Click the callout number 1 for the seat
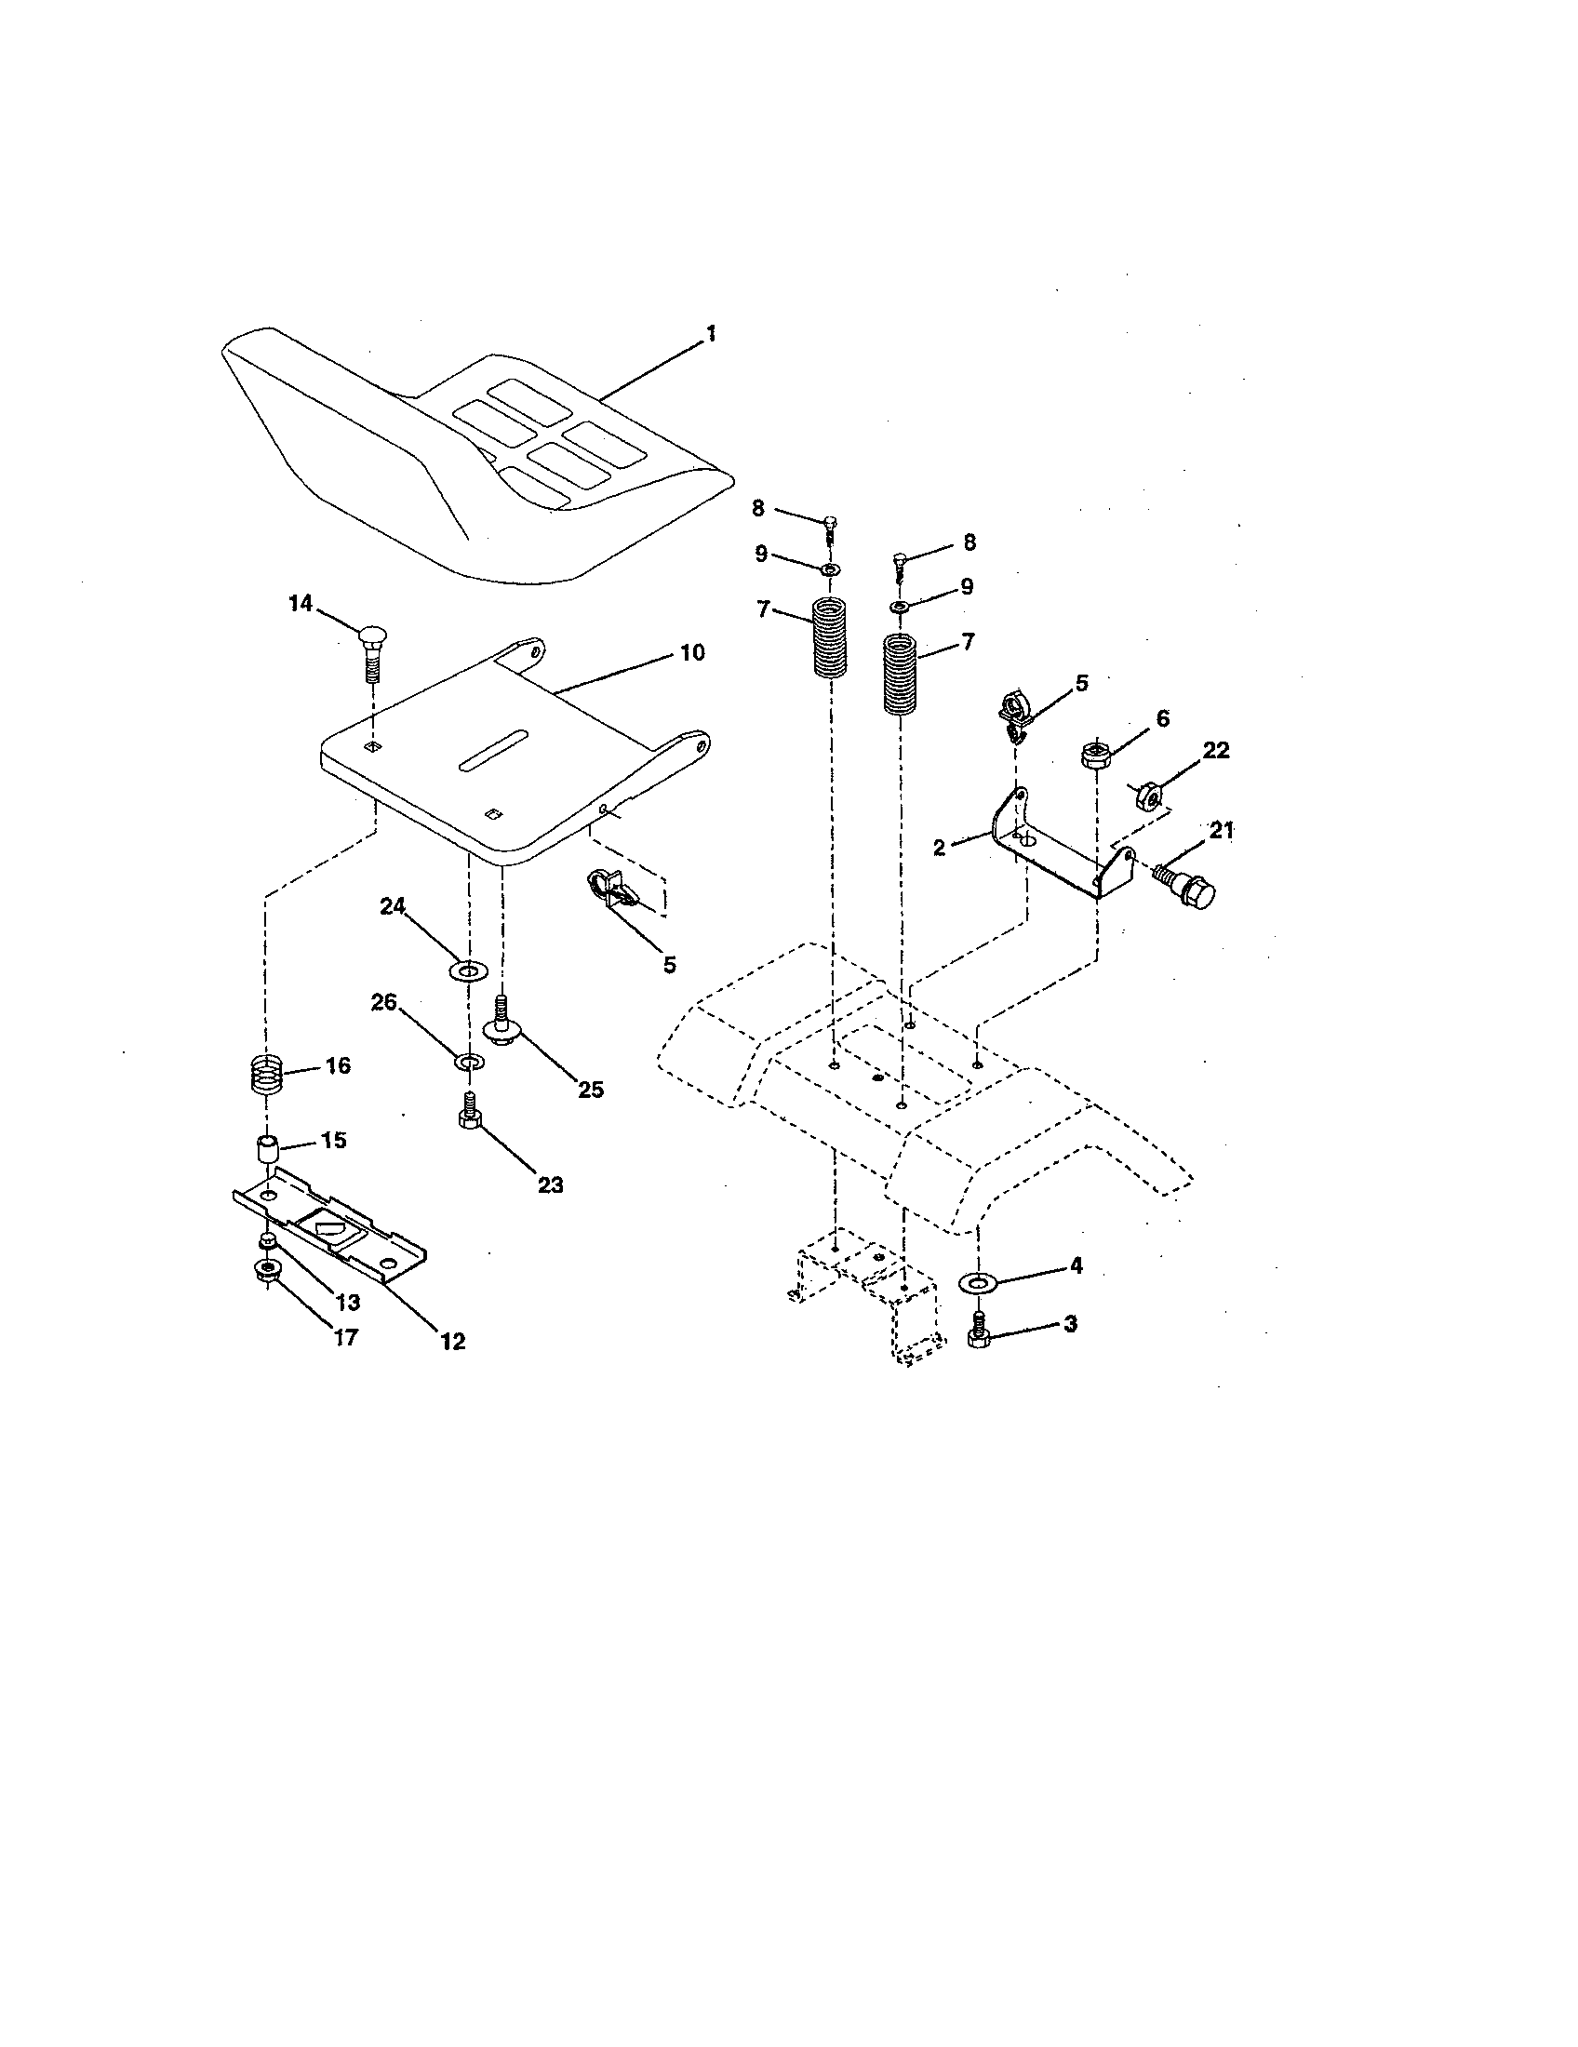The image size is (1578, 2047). coord(711,335)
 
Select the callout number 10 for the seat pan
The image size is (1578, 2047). coord(691,652)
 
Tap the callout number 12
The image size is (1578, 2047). coord(452,1341)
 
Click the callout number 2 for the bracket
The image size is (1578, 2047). coord(940,849)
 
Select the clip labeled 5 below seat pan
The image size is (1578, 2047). coord(610,889)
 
